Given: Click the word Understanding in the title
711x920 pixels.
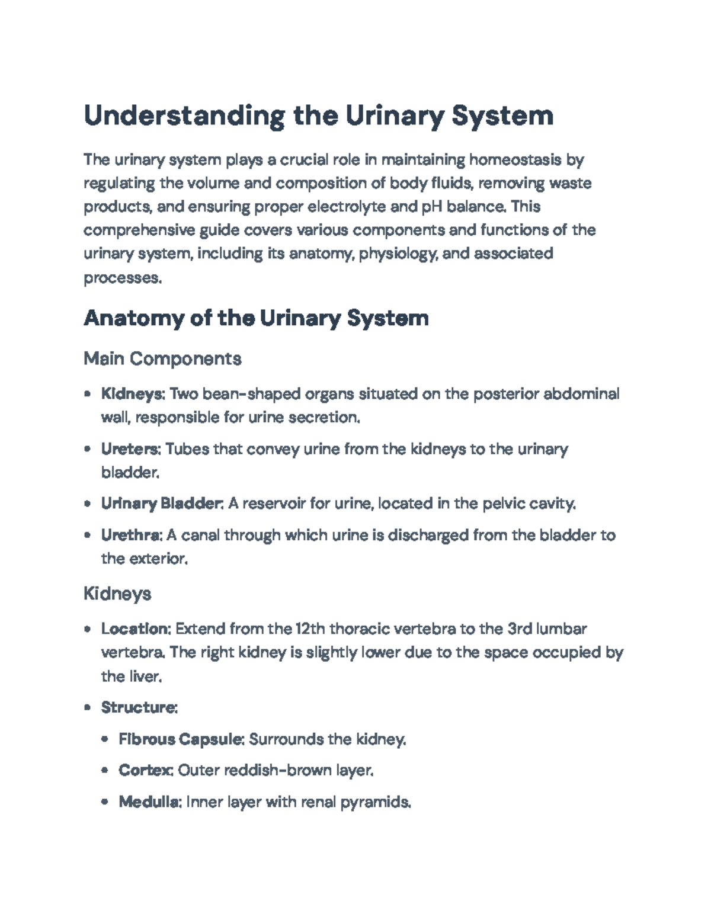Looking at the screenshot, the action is pos(184,116).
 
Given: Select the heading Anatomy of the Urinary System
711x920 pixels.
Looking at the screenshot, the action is pos(256,318).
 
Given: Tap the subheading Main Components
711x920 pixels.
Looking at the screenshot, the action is pos(162,358).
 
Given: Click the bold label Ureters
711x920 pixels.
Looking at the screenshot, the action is pos(130,449).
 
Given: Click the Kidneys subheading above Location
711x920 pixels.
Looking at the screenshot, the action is pos(117,593).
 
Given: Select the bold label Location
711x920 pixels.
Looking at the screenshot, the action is pos(136,629).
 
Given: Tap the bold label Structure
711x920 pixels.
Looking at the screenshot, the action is pos(139,707).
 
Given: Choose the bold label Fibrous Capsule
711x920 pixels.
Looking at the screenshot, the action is pos(181,739).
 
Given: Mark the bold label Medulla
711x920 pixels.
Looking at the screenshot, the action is pos(150,802).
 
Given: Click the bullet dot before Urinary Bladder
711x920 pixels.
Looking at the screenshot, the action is pos(88,504).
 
